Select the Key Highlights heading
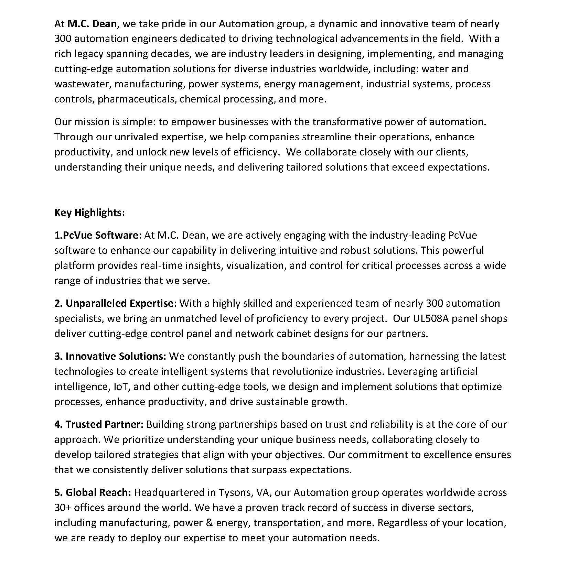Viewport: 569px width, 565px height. tap(89, 213)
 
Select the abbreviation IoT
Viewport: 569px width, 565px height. tap(121, 387)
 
